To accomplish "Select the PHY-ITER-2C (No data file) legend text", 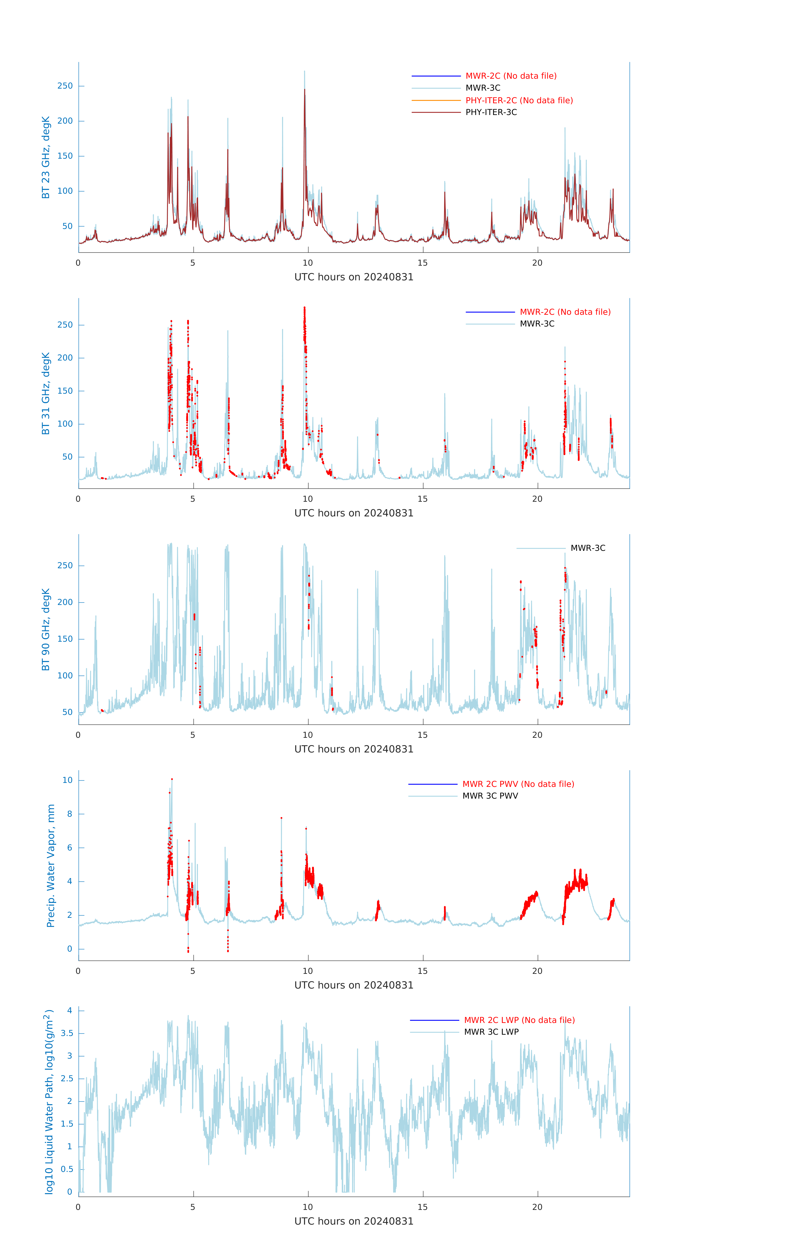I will click(519, 100).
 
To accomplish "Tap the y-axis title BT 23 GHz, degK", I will click(46, 157).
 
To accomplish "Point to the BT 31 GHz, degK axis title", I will click(46, 393).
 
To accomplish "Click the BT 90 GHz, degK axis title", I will click(46, 629).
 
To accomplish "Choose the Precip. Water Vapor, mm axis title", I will click(51, 866).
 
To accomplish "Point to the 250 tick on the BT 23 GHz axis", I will click(65, 86).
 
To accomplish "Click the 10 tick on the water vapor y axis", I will click(67, 780).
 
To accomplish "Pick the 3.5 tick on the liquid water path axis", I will click(67, 1033).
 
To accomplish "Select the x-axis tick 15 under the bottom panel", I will click(422, 1207).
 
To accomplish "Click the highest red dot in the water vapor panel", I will click(172, 779).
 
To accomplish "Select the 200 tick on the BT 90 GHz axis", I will click(65, 602).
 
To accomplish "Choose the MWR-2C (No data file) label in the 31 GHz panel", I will click(565, 312).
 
